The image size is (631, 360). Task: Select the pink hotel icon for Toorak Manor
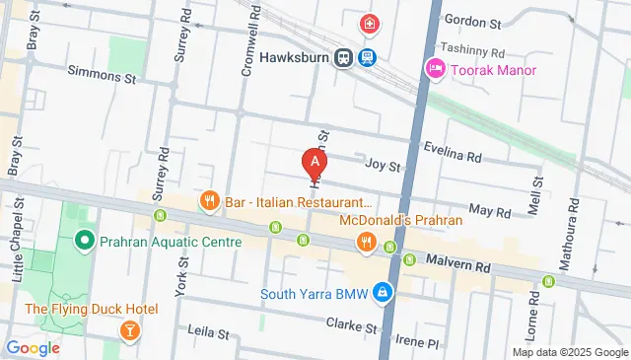point(433,68)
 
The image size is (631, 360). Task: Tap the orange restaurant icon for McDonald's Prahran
point(366,241)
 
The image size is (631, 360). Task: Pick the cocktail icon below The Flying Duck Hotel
point(128,329)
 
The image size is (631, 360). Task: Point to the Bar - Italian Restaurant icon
point(208,202)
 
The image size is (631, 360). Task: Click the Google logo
point(33,347)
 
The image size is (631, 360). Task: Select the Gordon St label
point(471,20)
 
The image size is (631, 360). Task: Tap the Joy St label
point(383,166)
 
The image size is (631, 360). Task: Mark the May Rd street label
point(489,212)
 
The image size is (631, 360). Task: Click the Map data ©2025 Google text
point(569,352)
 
